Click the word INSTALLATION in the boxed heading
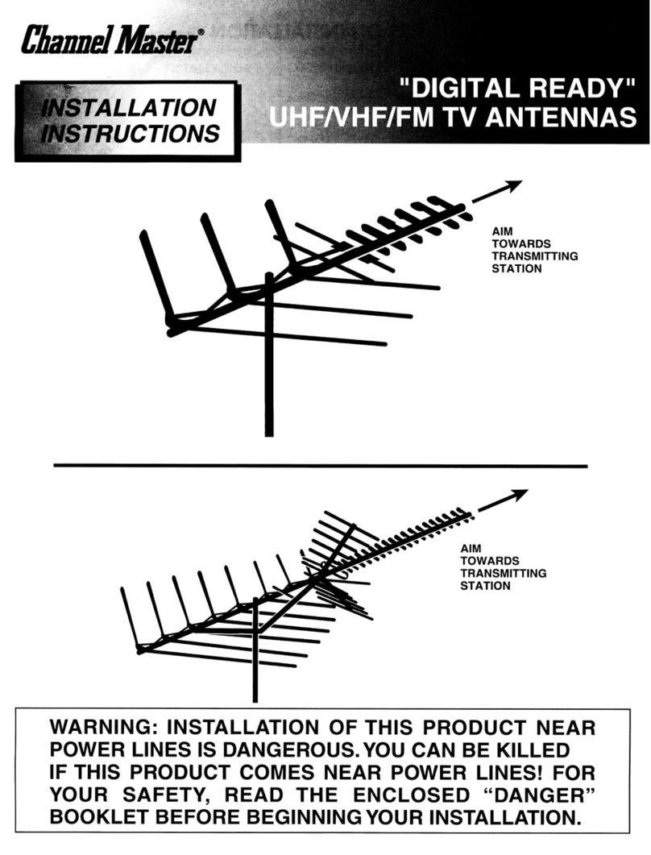(129, 107)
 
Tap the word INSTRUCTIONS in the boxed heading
(130, 134)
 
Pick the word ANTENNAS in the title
(561, 117)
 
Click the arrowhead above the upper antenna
(512, 187)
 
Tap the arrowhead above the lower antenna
(519, 495)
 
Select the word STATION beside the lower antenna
(485, 586)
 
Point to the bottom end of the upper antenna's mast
(269, 436)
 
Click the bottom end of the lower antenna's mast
(255, 701)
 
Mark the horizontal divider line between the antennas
(321, 467)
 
